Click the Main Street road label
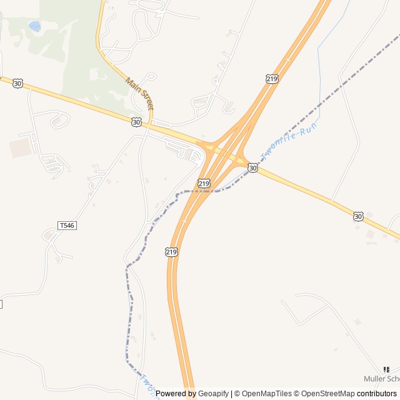(139, 94)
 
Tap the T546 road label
(67, 225)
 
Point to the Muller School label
(382, 379)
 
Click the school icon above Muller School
(386, 369)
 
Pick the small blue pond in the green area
(34, 26)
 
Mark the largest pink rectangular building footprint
(20, 148)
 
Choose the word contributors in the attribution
(377, 394)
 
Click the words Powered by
(176, 394)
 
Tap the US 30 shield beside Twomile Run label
(252, 167)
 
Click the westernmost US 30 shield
(17, 83)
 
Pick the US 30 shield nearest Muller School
(357, 216)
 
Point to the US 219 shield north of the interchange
(271, 78)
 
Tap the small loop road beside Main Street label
(151, 77)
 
